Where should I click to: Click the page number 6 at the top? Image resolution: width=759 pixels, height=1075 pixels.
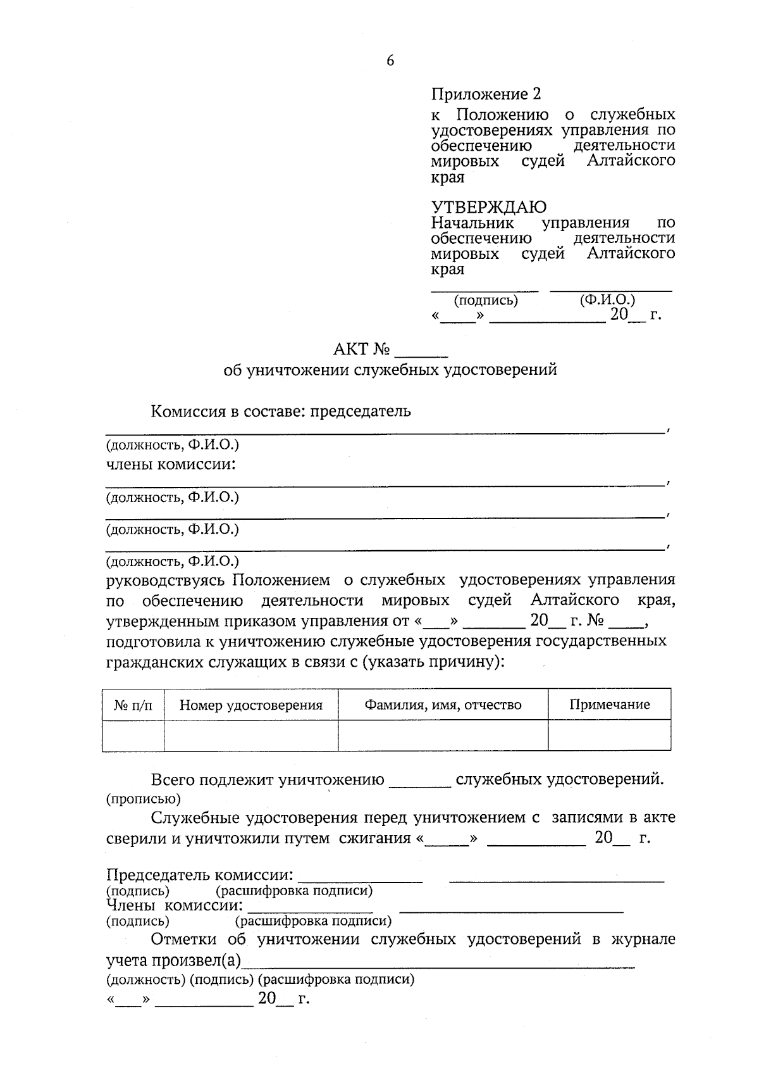390,61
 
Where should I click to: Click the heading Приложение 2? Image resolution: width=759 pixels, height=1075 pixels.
486,94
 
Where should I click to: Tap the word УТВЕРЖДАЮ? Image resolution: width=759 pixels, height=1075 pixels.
488,206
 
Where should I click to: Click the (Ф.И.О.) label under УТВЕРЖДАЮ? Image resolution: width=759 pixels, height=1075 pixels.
607,300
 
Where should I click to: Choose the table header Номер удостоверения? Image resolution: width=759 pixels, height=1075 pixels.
250,705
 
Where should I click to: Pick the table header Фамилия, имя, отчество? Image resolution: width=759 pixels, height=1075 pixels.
443,705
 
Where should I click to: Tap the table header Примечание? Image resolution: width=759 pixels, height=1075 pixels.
609,705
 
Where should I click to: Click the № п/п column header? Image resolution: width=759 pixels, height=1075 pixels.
133,705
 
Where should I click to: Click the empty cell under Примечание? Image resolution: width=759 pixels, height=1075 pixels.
609,736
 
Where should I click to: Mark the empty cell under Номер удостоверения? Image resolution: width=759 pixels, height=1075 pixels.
250,736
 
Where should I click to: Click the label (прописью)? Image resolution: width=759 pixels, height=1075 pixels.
143,799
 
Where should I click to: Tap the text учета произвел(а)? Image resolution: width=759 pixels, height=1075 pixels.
174,961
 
